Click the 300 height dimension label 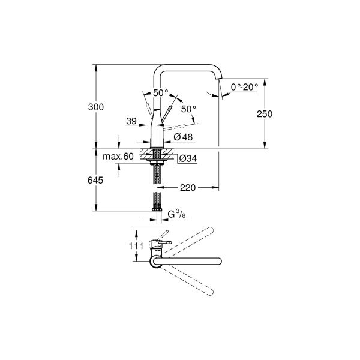[x=96, y=107]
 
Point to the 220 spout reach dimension [x=187, y=188]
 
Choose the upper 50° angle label [x=161, y=93]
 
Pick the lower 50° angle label [x=188, y=109]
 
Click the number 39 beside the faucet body [x=132, y=122]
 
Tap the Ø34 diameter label [x=187, y=158]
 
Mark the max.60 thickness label [x=118, y=157]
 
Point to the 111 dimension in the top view [x=136, y=246]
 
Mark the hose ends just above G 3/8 [x=157, y=204]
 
